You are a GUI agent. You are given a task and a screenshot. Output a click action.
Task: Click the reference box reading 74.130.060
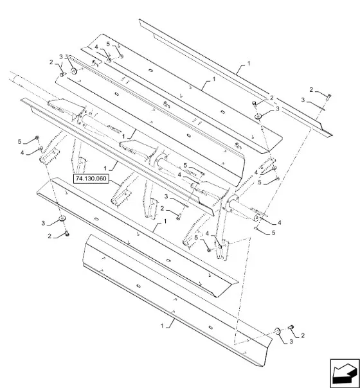point(91,179)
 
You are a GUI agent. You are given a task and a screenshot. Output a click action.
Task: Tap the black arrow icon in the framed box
point(345,373)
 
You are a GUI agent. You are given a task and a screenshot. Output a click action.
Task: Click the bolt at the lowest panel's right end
point(291,327)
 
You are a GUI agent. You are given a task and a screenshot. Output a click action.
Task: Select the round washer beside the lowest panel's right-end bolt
point(277,331)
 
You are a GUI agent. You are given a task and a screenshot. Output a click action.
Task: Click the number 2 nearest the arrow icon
point(303,335)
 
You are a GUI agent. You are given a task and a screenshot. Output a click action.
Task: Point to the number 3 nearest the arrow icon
point(291,342)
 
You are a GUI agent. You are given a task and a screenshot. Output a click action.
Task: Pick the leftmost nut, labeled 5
point(37,137)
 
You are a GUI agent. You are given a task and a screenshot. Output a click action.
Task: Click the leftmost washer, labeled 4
point(40,148)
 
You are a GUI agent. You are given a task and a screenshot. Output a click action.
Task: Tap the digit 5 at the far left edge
point(19,141)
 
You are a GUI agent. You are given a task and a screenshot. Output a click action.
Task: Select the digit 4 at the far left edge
point(22,153)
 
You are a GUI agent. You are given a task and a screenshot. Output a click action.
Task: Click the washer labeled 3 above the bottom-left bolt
point(62,218)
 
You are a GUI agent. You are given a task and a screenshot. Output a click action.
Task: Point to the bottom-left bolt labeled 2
point(67,233)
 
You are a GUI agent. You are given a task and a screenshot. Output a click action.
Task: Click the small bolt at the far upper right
point(328,96)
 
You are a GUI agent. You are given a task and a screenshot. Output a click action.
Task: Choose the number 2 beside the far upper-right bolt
point(311,89)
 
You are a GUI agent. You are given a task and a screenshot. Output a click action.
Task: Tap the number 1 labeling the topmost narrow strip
point(249,64)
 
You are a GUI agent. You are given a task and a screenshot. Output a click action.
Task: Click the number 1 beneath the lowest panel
point(162,326)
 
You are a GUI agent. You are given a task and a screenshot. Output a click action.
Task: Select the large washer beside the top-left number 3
point(74,71)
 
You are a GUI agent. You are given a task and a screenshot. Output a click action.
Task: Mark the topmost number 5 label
point(108,44)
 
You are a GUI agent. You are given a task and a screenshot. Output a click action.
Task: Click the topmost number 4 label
point(96,47)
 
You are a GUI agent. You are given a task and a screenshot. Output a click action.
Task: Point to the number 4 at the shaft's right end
point(279,223)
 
